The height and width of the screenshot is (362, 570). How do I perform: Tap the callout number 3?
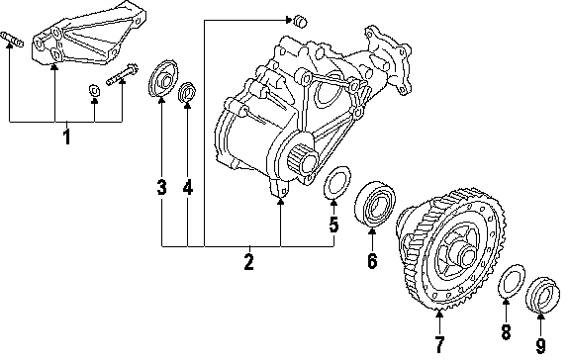[x=161, y=188]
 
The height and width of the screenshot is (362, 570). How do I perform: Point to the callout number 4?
[x=188, y=188]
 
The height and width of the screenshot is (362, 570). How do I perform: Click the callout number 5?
[x=334, y=225]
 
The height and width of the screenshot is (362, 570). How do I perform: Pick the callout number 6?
[x=372, y=261]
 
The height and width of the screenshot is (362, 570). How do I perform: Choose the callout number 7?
[x=439, y=345]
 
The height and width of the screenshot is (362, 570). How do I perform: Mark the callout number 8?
[x=506, y=332]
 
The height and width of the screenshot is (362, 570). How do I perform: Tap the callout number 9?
[x=541, y=346]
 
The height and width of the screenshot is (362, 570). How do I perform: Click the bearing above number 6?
[x=375, y=206]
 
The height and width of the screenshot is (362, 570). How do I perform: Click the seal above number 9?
[x=543, y=295]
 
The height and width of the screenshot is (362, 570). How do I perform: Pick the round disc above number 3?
[x=163, y=79]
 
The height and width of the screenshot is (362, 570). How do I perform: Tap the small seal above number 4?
[x=187, y=93]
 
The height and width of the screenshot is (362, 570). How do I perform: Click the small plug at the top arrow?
[x=300, y=22]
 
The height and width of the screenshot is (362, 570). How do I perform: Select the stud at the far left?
[x=12, y=40]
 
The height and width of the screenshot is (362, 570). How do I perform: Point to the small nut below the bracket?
[x=95, y=91]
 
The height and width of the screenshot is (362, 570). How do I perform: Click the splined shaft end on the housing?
[x=303, y=160]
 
